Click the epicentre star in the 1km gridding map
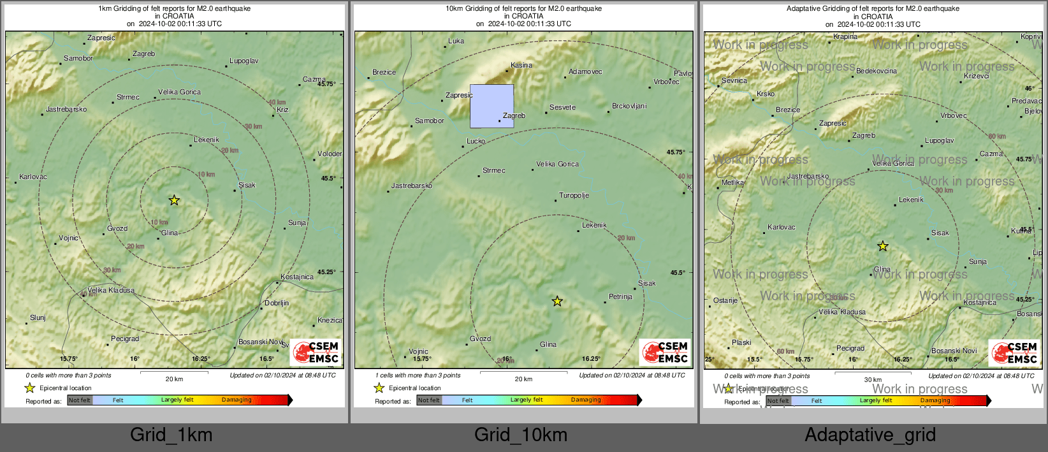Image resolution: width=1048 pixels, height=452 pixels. [174, 200]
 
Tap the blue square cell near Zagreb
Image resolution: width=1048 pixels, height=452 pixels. [491, 106]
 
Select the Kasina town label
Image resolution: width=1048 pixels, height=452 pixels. [521, 65]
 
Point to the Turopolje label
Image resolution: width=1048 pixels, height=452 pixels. [574, 195]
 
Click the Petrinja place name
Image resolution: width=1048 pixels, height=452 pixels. [620, 296]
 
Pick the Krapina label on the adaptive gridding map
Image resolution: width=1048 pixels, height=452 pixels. [845, 36]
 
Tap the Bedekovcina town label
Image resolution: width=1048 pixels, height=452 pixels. [876, 71]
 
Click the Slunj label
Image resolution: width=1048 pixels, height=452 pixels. [38, 317]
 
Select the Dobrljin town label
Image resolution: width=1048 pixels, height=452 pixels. [277, 303]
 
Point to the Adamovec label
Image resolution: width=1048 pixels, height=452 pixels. [585, 71]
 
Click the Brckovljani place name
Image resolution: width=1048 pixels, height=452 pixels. [629, 106]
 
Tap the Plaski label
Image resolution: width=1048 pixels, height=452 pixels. [741, 342]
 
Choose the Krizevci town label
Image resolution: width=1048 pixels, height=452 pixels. [977, 76]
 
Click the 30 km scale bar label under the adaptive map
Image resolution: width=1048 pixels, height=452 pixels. [873, 379]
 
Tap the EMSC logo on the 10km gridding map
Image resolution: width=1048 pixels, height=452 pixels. [665, 352]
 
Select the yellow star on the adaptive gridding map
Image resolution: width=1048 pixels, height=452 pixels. [883, 246]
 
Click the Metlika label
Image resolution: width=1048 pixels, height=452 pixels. [732, 182]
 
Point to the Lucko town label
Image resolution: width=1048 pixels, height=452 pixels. [476, 141]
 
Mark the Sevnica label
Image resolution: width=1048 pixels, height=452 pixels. [734, 80]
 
